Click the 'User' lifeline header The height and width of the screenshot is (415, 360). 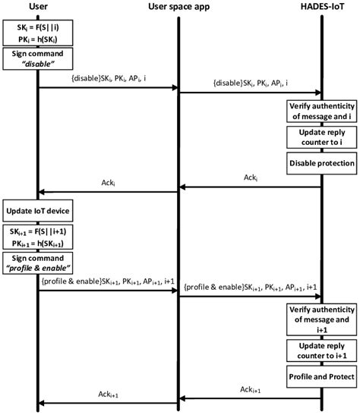[37, 8]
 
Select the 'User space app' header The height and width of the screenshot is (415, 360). [177, 8]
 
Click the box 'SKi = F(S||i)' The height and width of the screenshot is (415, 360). [38, 34]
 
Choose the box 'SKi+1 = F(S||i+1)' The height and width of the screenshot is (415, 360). [38, 237]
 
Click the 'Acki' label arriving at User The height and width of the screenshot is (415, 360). [109, 182]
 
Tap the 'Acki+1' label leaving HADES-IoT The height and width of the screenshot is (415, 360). [251, 389]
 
